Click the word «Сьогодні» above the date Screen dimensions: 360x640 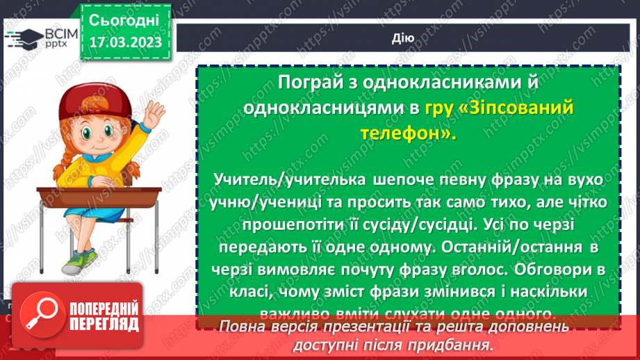[124, 19]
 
